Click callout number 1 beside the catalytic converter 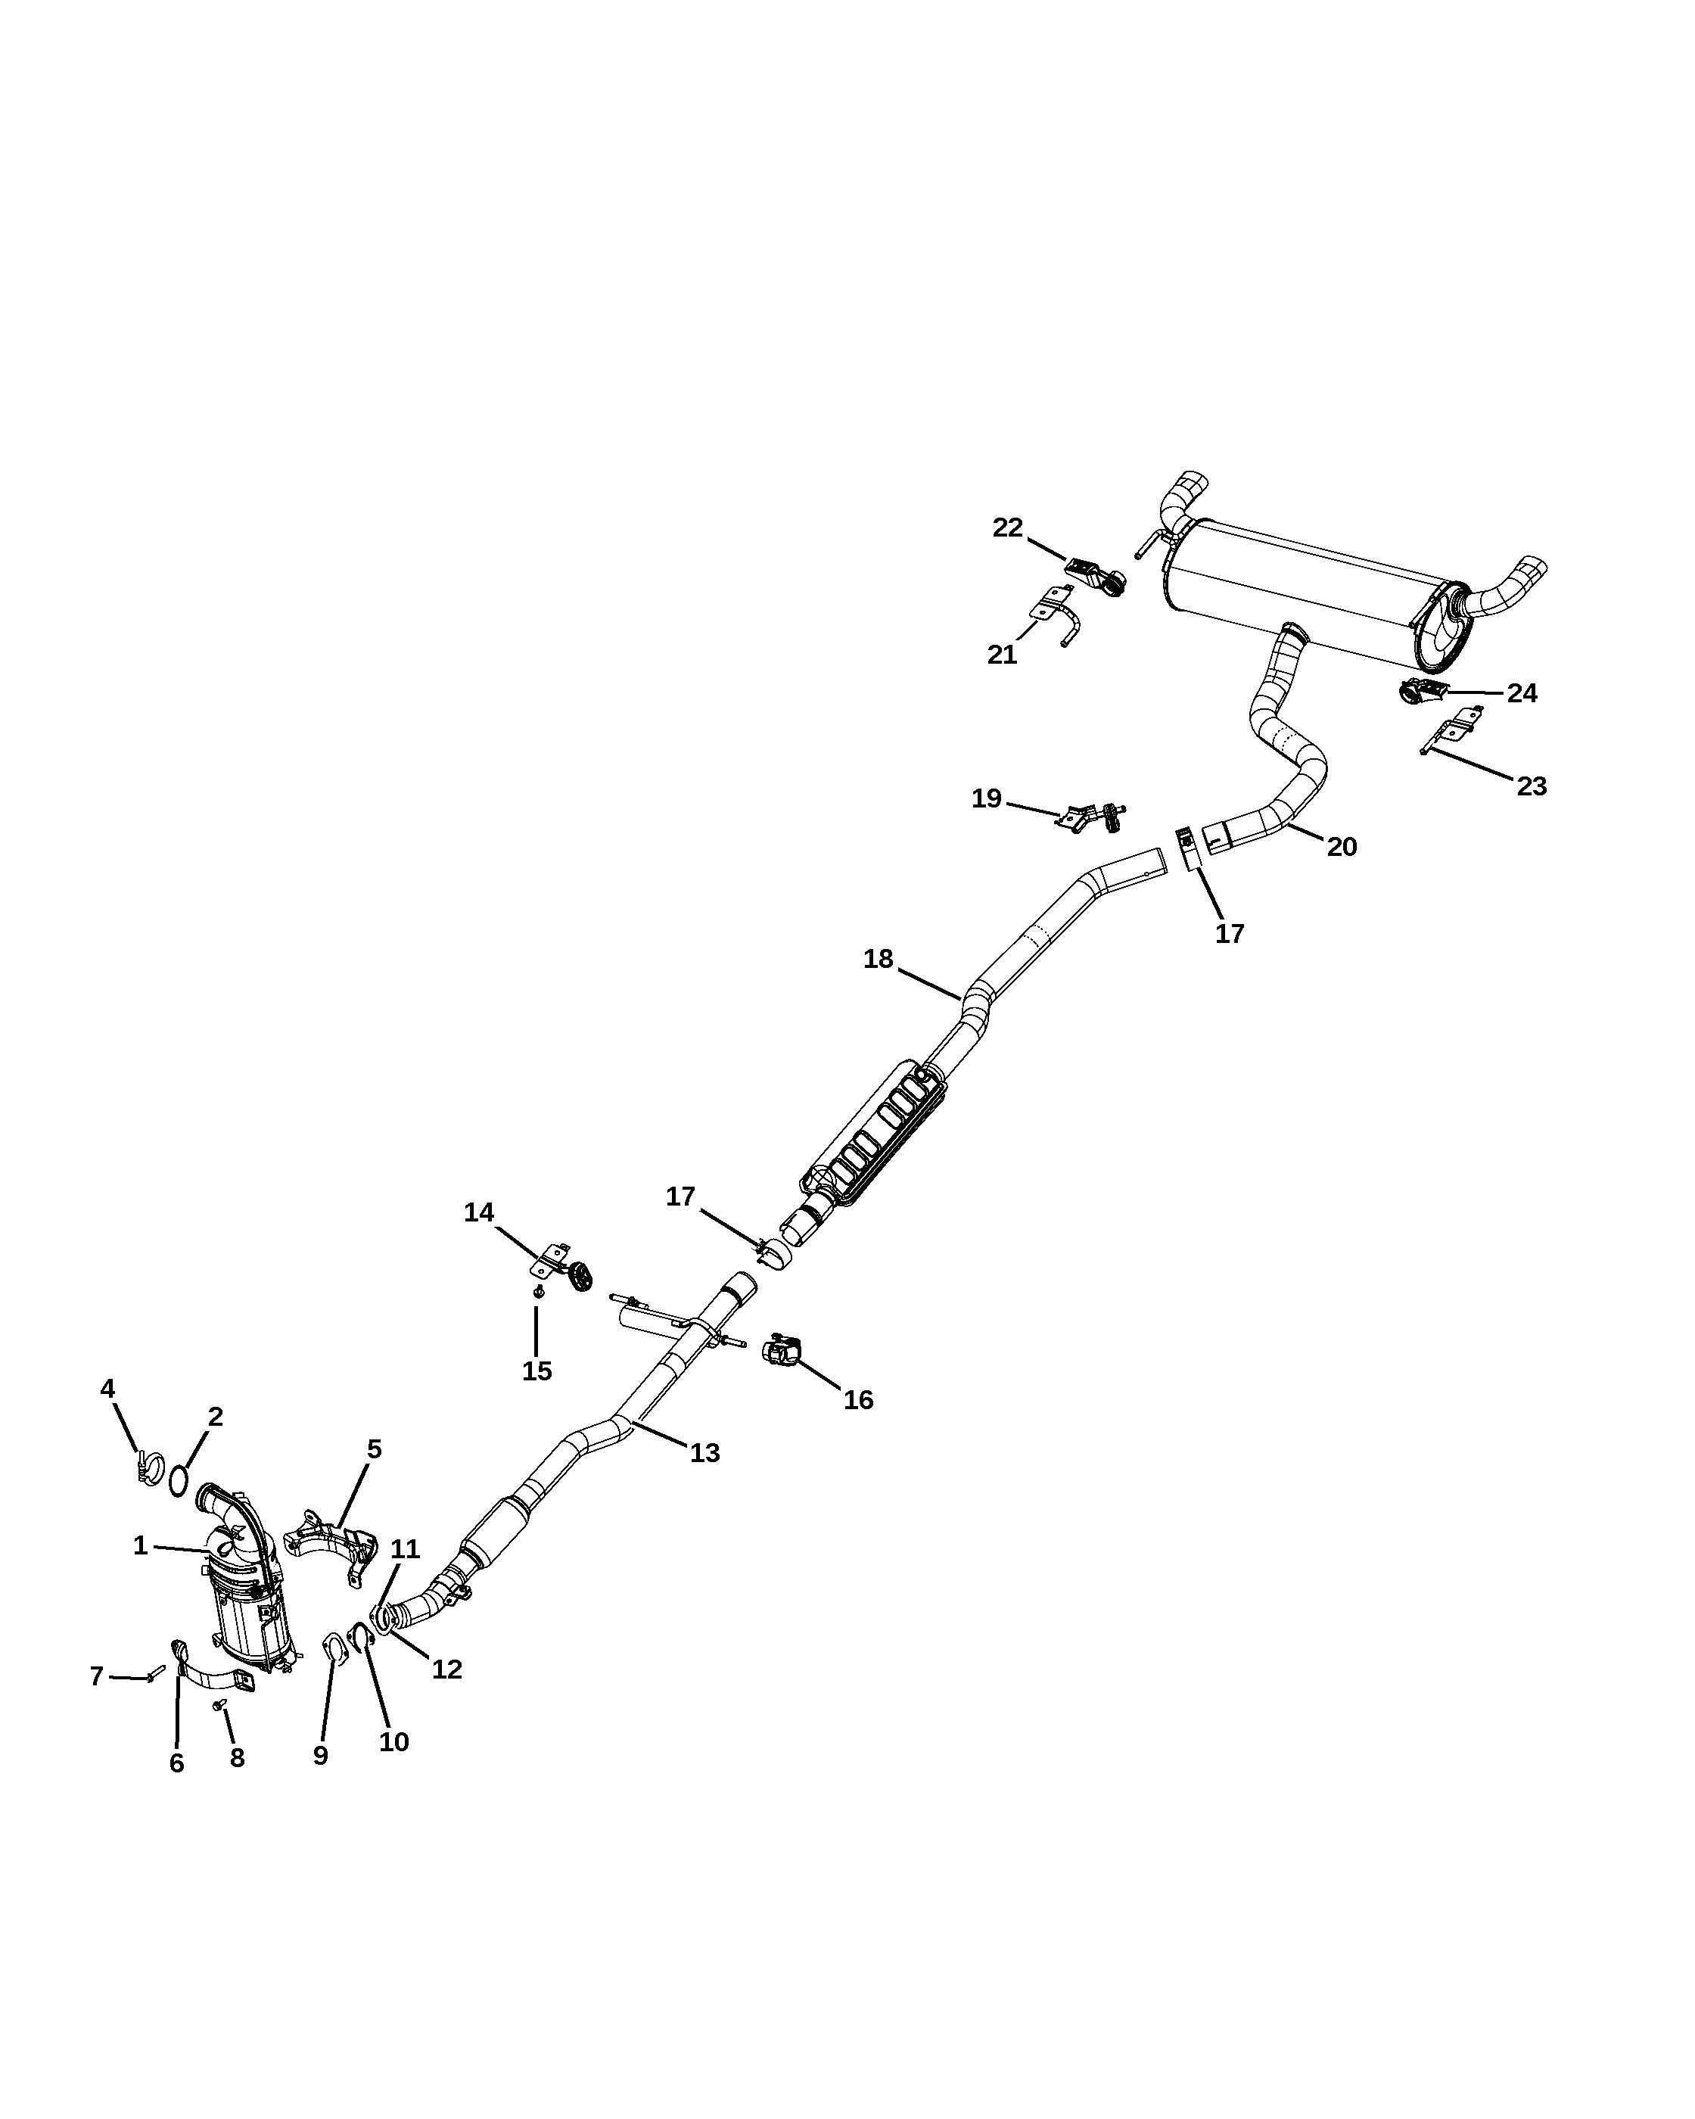point(141,1546)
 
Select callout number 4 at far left point(108,1388)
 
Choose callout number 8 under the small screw point(237,1757)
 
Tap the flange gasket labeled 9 point(333,1645)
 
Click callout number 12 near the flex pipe point(447,1669)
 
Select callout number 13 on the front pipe point(704,1452)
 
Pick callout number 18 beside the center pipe point(879,958)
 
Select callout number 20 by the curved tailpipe point(1342,846)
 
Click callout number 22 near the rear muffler point(1008,527)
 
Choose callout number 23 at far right point(1532,786)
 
